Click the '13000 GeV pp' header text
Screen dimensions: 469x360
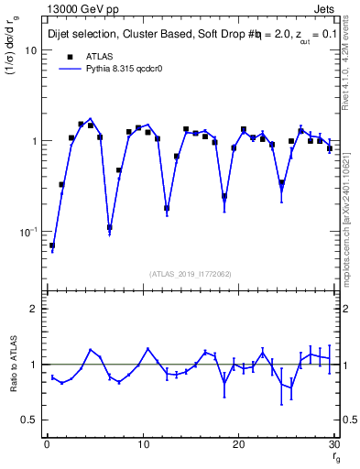click(82, 9)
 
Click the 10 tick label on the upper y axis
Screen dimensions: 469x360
click(30, 50)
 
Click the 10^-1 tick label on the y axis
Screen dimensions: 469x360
click(27, 232)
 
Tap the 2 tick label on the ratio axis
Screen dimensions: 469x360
click(33, 309)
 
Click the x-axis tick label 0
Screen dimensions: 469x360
click(47, 445)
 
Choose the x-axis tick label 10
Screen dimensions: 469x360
click(143, 445)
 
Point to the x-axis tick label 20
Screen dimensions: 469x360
click(239, 445)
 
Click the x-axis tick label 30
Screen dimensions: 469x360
click(334, 445)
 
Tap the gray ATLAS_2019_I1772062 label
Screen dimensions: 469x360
click(191, 273)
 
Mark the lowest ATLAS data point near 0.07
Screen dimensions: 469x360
click(52, 245)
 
